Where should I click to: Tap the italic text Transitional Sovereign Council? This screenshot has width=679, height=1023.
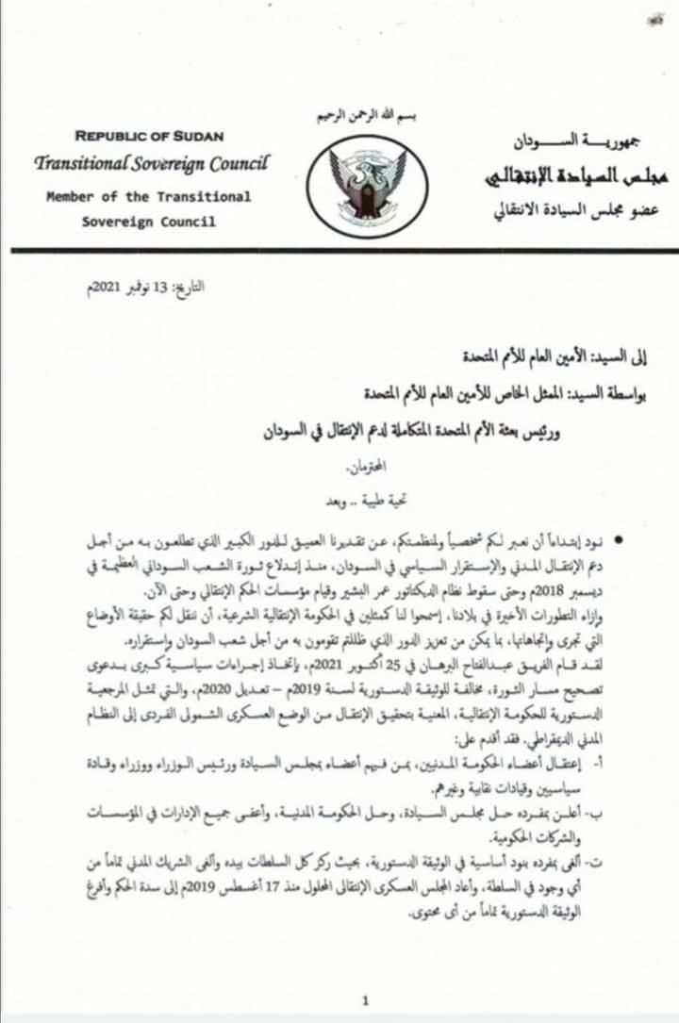151,163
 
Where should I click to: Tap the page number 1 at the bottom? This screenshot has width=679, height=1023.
365,999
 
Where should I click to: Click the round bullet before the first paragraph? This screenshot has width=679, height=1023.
619,540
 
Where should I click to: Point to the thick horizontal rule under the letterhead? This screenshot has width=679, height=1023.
339,251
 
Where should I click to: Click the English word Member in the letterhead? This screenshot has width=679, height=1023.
68,197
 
